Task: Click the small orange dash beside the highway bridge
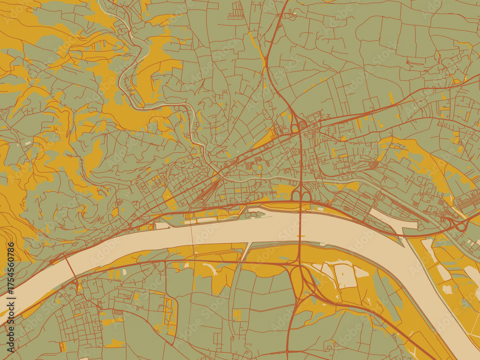(301, 236)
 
